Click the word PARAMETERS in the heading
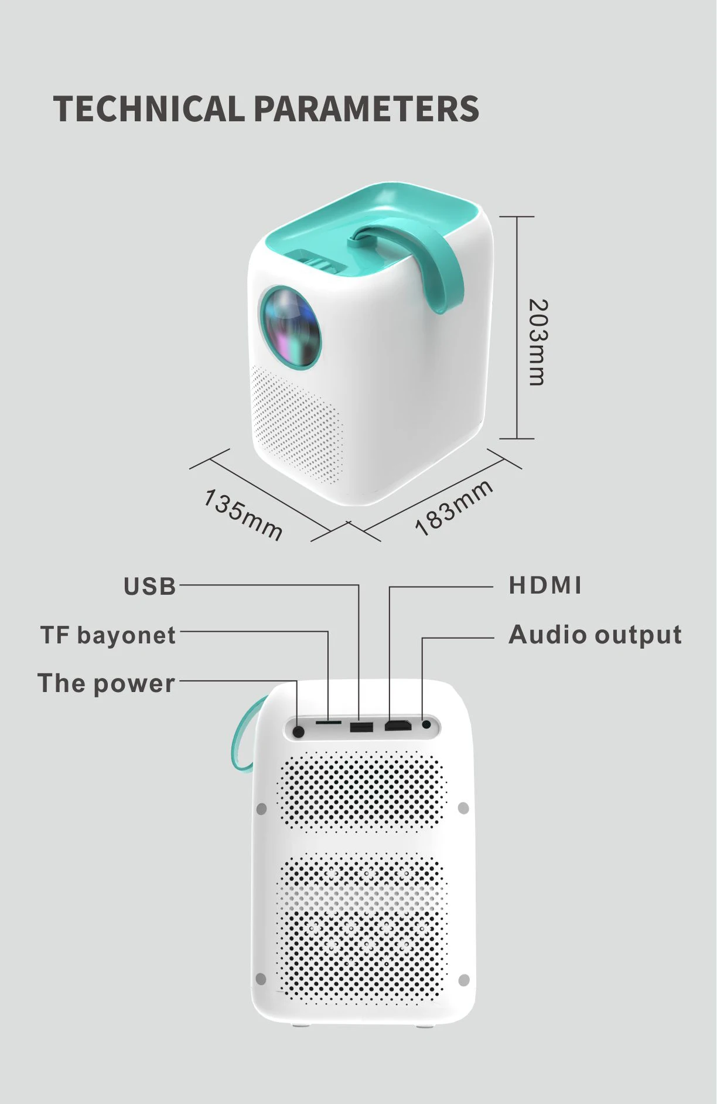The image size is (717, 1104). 367,109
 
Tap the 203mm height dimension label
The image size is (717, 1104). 538,342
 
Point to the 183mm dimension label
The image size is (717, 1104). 453,507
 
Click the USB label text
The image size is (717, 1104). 150,587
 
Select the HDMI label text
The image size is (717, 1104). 545,585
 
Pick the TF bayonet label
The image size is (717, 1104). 108,636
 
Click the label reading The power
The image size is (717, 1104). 106,684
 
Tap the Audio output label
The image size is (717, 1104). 595,635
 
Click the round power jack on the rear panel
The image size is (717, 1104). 298,731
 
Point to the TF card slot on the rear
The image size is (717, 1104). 329,723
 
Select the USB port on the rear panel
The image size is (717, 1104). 361,728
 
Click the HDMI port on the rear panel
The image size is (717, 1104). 398,726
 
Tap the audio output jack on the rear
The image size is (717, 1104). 426,725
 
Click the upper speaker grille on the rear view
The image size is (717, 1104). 362,791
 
